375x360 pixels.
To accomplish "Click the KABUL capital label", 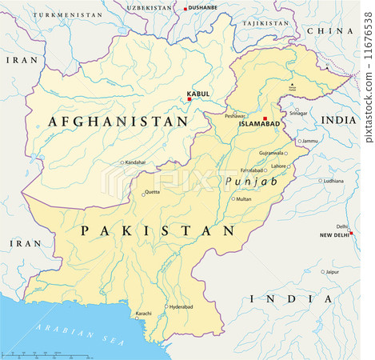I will (x=197, y=94).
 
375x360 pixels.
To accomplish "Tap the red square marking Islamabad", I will (x=265, y=118).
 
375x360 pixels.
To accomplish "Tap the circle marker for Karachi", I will (x=137, y=318).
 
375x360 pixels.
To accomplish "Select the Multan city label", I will (x=244, y=198).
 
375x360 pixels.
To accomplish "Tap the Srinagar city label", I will (x=297, y=113).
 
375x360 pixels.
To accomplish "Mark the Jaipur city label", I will (x=332, y=272).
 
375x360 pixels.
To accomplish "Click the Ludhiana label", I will (x=333, y=181).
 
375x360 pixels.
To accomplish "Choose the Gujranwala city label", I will (x=271, y=153).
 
